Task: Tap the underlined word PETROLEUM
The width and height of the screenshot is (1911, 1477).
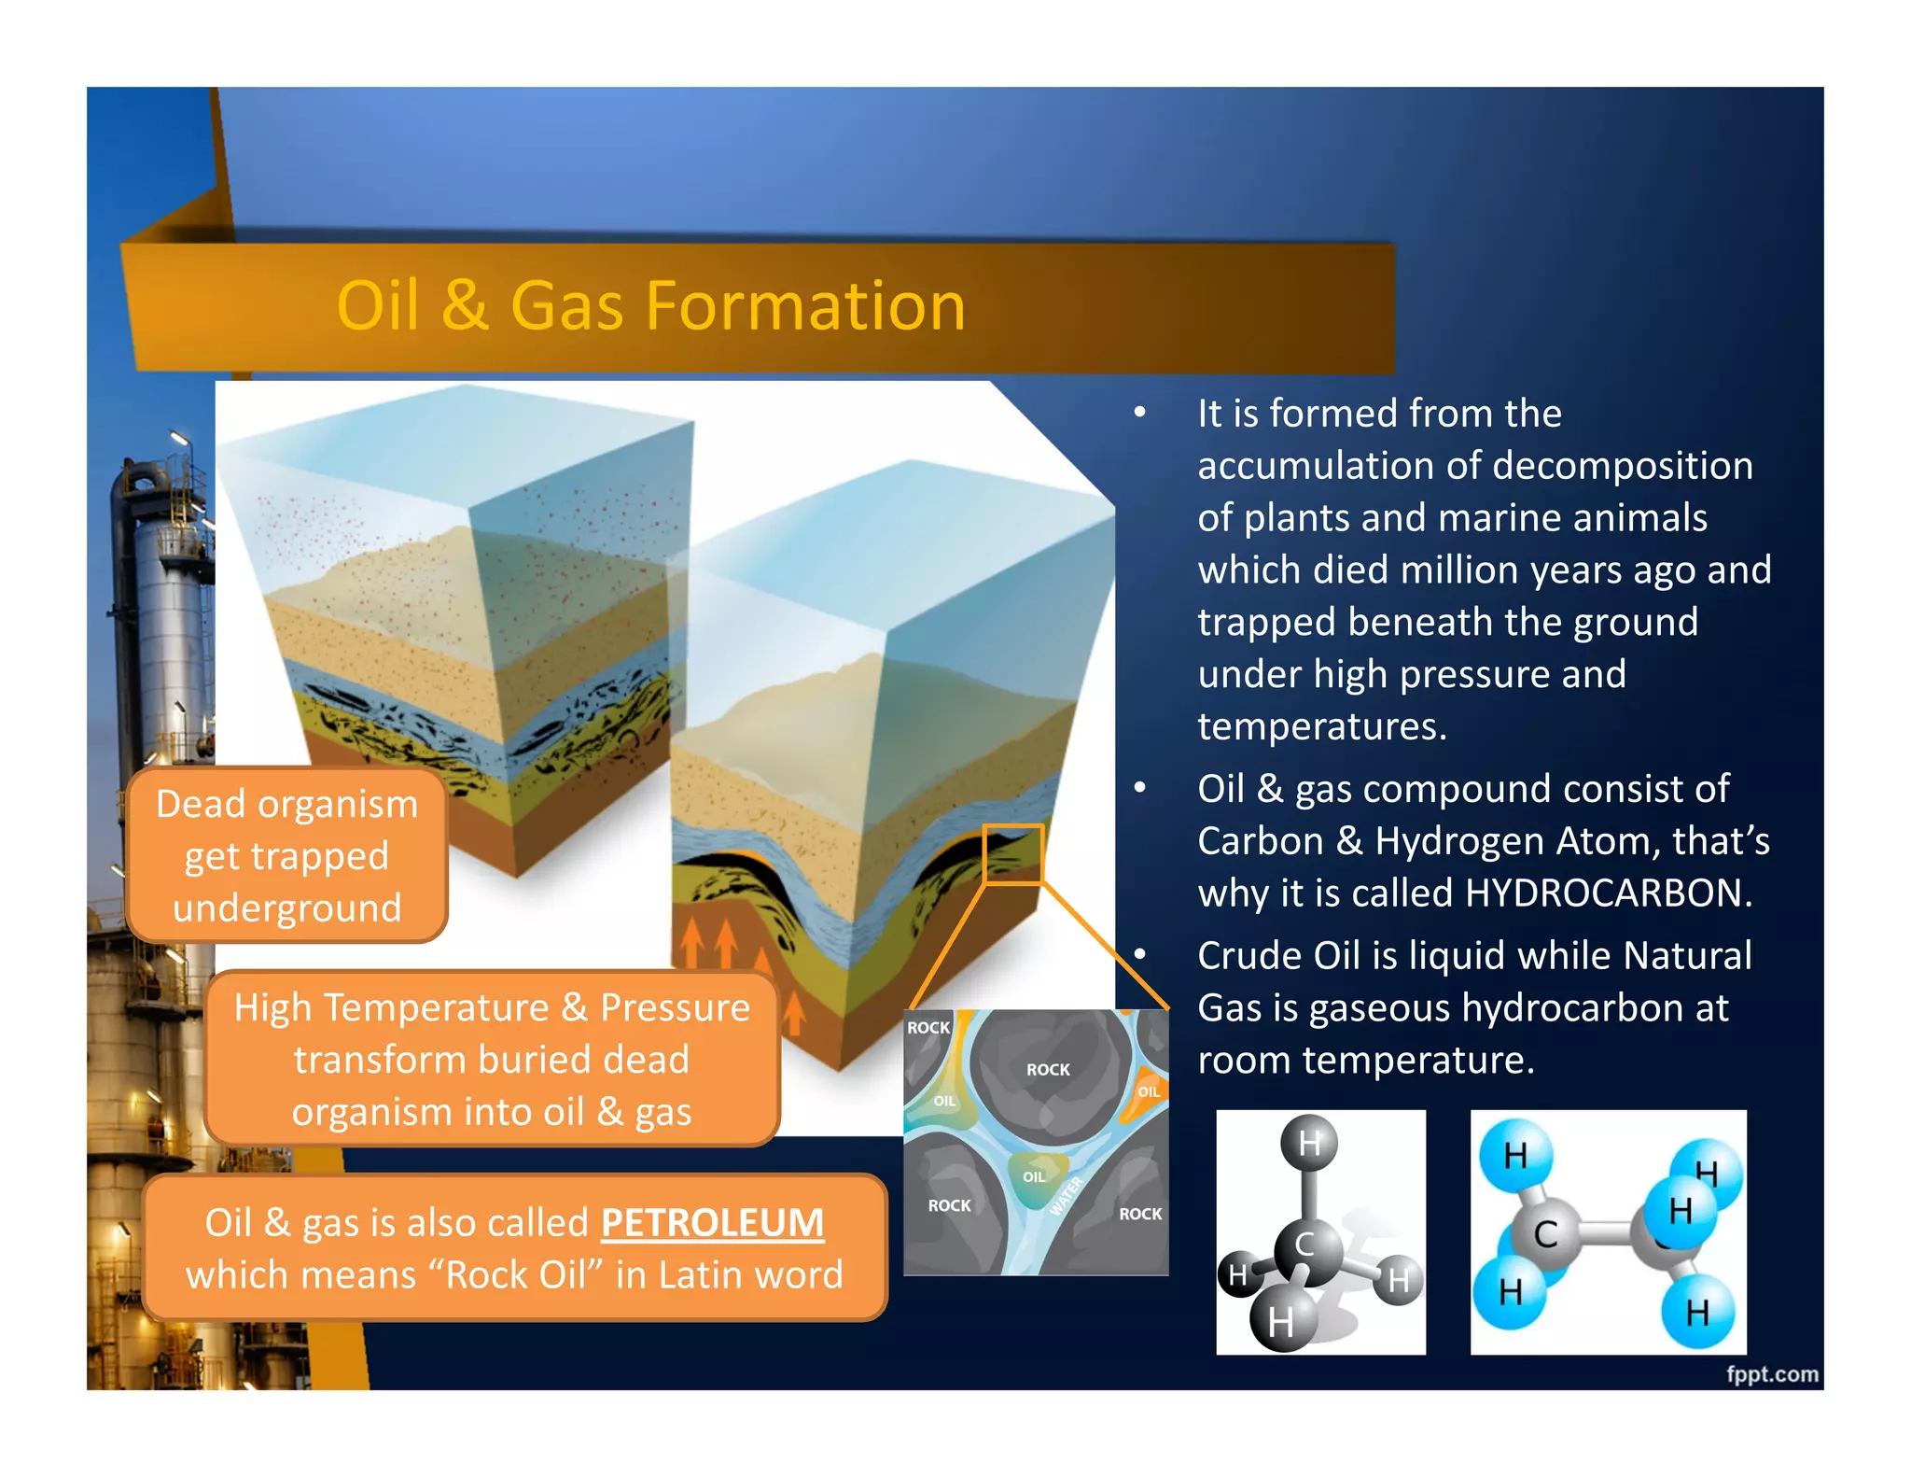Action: pyautogui.click(x=712, y=1222)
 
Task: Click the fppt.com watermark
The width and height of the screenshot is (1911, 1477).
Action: pyautogui.click(x=1771, y=1373)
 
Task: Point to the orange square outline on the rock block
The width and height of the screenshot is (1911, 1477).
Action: pyautogui.click(x=1012, y=853)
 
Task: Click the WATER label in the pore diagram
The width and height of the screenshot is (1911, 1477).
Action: pyautogui.click(x=1066, y=1196)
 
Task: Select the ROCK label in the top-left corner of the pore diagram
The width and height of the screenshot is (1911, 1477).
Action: pyautogui.click(x=928, y=1027)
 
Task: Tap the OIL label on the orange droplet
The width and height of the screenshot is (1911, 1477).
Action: pyautogui.click(x=1149, y=1091)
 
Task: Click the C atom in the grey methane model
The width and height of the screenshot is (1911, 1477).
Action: pyautogui.click(x=1305, y=1245)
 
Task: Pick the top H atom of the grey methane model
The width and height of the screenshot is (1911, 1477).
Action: pyautogui.click(x=1309, y=1142)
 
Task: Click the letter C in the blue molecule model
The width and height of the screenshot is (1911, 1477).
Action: pyautogui.click(x=1545, y=1234)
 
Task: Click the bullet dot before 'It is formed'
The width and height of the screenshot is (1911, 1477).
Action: pyautogui.click(x=1139, y=412)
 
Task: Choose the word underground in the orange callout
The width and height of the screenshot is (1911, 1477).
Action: pyautogui.click(x=286, y=907)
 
